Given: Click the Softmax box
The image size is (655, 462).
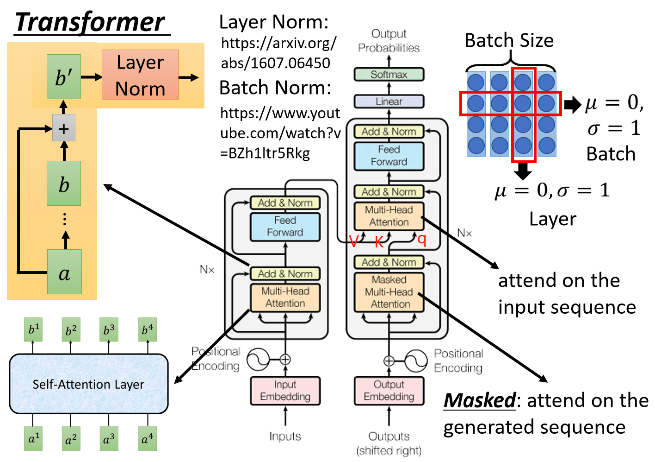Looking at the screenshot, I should pyautogui.click(x=389, y=74).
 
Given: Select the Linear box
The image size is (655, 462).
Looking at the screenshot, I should pyautogui.click(x=389, y=101).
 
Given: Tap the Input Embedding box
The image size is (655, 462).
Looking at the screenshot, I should pyautogui.click(x=285, y=391).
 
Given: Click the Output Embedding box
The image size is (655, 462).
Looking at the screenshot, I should pyautogui.click(x=389, y=391).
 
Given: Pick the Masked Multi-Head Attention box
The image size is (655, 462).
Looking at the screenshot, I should pyautogui.click(x=389, y=292).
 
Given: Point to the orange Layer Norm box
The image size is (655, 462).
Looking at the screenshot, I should pyautogui.click(x=140, y=75).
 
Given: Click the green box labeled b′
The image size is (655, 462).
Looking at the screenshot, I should pyautogui.click(x=64, y=77).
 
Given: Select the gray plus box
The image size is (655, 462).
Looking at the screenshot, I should pyautogui.click(x=64, y=129).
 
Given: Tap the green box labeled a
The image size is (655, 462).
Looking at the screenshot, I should pyautogui.click(x=64, y=272).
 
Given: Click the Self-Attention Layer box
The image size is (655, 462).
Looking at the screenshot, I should pyautogui.click(x=88, y=384).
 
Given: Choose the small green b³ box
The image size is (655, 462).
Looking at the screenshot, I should pyautogui.click(x=109, y=329).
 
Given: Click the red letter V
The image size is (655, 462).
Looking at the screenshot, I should pyautogui.click(x=354, y=241).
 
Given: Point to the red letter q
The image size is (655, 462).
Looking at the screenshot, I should pyautogui.click(x=421, y=239).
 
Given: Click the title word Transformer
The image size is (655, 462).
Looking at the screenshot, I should pyautogui.click(x=90, y=22).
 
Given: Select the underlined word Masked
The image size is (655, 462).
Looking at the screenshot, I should pyautogui.click(x=479, y=400).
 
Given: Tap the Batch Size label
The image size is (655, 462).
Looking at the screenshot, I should pyautogui.click(x=509, y=41).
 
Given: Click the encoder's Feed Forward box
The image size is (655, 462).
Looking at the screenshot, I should pyautogui.click(x=285, y=227).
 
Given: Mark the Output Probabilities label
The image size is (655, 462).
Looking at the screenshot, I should pyautogui.click(x=389, y=41).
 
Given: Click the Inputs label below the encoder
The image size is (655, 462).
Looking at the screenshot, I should pyautogui.click(x=285, y=436).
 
